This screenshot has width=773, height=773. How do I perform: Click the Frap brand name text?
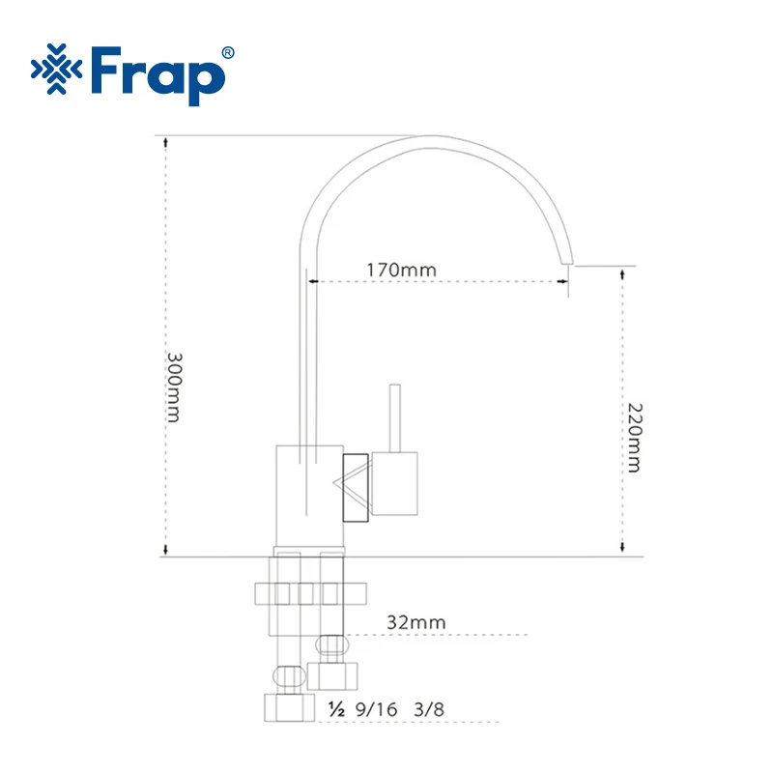point(157,75)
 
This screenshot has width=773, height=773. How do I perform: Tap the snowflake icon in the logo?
point(56,69)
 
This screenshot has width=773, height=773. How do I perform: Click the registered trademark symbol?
point(228,53)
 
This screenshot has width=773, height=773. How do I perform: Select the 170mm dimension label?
point(401,271)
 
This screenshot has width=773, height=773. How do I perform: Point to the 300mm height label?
point(174,387)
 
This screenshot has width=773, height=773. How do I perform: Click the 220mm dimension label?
point(635,438)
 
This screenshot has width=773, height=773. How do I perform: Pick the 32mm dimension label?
point(416,622)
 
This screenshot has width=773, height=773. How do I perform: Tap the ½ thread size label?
point(336,709)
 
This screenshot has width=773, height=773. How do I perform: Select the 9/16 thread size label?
point(376,709)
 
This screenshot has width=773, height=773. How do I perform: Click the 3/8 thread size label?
point(429,709)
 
